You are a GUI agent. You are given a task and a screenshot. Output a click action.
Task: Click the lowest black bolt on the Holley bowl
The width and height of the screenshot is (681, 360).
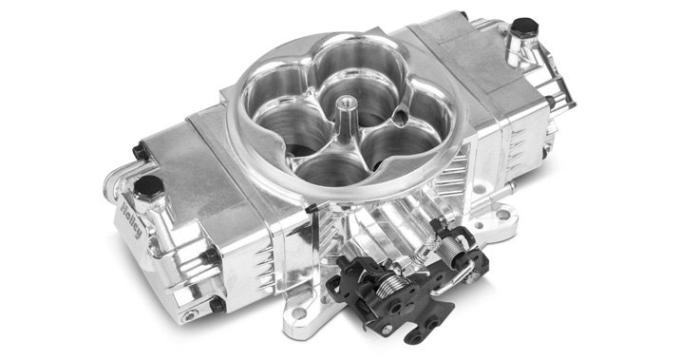click(218, 304)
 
